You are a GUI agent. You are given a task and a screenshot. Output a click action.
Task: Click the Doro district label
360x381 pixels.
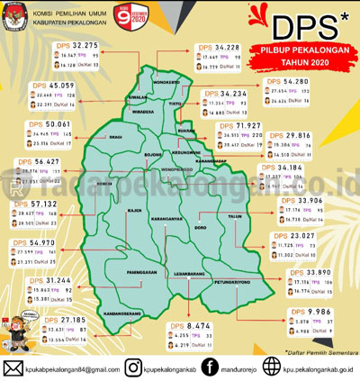coord(200,231)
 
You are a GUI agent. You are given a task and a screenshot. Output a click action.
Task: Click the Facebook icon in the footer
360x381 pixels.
coord(209,367)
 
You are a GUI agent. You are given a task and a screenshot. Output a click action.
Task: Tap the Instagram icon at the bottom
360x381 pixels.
coord(132,367)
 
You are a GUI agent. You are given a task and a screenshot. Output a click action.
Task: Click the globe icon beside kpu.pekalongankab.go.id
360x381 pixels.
coord(274,367)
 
